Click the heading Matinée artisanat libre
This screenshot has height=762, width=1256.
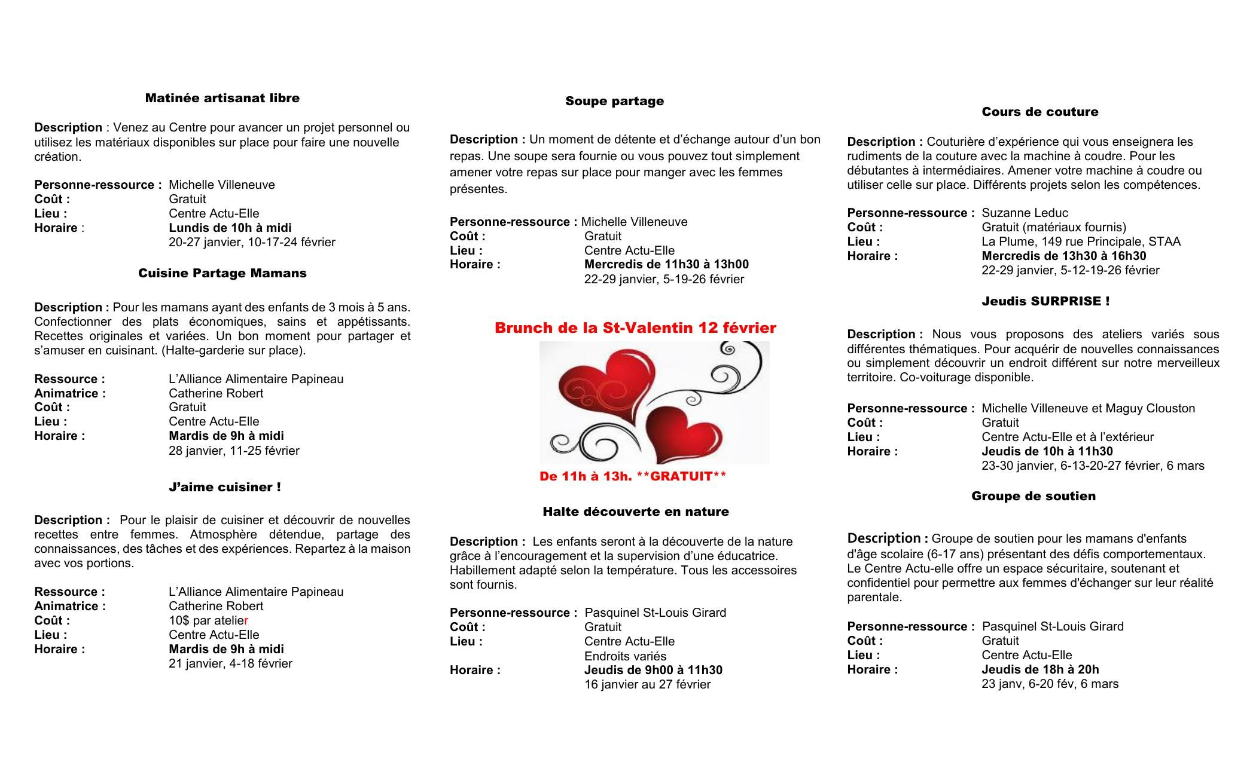click(222, 98)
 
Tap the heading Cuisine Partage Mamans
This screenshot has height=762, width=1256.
click(222, 273)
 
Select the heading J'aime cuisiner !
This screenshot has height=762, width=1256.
click(224, 487)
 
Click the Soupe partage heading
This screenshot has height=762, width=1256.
click(614, 101)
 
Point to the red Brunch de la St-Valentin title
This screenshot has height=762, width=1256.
click(635, 328)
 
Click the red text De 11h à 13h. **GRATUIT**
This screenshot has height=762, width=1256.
click(633, 476)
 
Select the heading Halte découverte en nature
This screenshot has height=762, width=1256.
click(635, 512)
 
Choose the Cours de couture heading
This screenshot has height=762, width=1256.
click(1039, 112)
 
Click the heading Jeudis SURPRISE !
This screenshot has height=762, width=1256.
click(1045, 301)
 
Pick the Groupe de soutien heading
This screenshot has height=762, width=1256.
click(1033, 496)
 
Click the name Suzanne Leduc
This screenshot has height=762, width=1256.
click(1025, 213)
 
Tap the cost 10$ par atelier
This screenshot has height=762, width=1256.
click(208, 620)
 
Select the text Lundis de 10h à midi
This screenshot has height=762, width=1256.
click(230, 228)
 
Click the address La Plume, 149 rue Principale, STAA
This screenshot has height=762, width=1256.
click(1081, 241)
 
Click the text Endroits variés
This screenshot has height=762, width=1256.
click(625, 656)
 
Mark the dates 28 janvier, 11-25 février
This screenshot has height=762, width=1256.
click(234, 450)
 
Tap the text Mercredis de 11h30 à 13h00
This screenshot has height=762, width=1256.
click(666, 264)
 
